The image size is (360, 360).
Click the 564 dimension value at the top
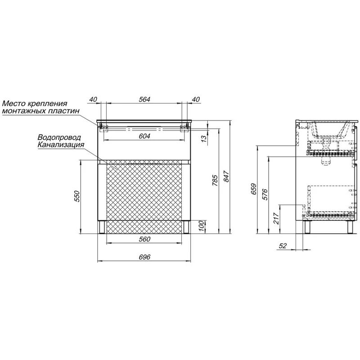[x=144, y=99]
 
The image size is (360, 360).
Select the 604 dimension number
[x=144, y=136]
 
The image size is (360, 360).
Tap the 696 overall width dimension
[x=144, y=257]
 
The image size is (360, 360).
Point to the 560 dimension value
[x=144, y=239]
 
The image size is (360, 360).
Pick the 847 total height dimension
[x=226, y=176]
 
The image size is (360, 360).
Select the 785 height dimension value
[x=215, y=180]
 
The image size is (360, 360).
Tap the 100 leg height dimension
[x=201, y=226]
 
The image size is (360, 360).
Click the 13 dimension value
[x=204, y=138]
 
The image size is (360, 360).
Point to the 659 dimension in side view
[x=254, y=189]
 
